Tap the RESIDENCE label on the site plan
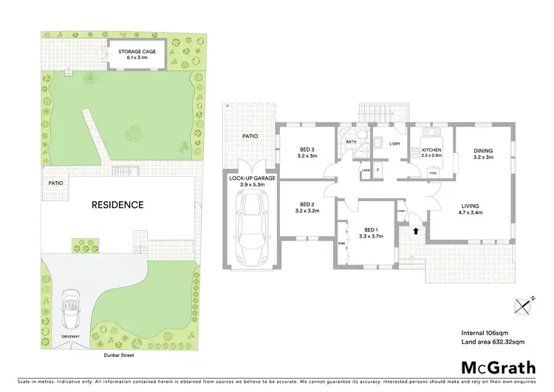tap(117, 205)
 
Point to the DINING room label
tap(482, 154)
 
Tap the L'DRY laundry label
tap(394, 143)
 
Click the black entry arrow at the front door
tap(414, 231)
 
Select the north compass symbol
tap(524, 303)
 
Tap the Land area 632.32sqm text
tap(492, 342)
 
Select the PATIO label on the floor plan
tap(250, 136)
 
